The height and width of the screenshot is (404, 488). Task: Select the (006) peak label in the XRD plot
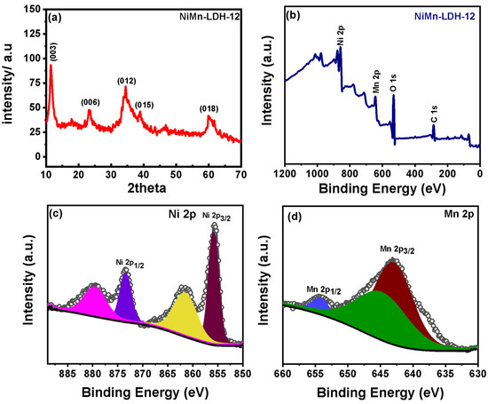pos(91,101)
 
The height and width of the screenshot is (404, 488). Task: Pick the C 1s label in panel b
pos(434,114)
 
